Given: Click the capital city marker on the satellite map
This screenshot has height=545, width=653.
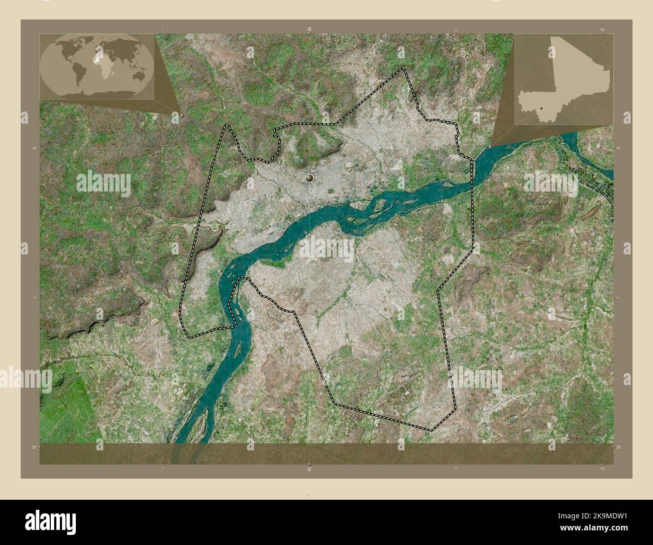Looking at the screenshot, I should [309, 177].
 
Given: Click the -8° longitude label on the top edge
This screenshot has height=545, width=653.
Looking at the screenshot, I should [309, 30].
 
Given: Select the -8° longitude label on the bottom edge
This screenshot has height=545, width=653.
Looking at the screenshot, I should [309, 468].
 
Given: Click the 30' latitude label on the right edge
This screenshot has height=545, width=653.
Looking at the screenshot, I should [618, 447].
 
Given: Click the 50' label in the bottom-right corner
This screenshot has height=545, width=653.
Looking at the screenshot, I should [602, 468].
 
